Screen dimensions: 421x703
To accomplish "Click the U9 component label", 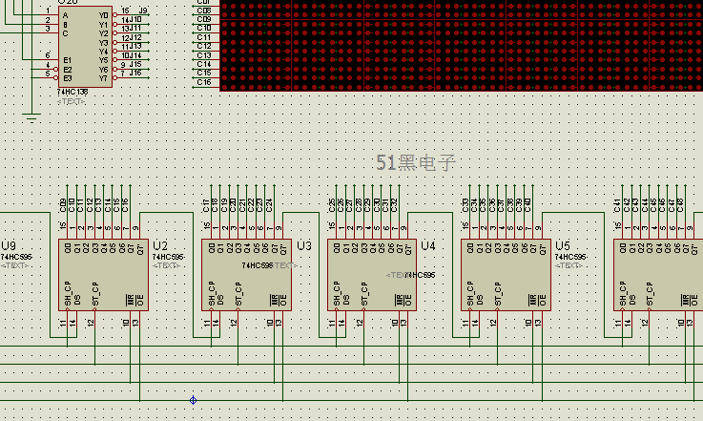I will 9,245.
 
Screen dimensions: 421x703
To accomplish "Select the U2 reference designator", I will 159,245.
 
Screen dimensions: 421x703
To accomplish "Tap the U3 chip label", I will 304,245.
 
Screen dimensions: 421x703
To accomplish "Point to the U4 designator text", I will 427,245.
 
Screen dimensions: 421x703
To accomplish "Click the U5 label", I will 562,245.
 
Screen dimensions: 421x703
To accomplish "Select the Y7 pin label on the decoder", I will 104,76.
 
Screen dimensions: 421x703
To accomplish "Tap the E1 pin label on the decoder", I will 67,59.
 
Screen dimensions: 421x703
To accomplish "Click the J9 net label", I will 142,11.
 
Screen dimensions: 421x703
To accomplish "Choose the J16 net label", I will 135,73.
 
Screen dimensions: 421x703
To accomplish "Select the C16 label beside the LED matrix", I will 204,82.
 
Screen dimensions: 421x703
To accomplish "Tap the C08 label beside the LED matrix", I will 204,11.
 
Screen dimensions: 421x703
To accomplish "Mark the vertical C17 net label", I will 207,204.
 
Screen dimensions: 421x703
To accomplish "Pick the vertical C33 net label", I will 465,204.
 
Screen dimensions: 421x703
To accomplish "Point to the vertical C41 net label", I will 617,204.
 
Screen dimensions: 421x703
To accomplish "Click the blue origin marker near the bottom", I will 194,400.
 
